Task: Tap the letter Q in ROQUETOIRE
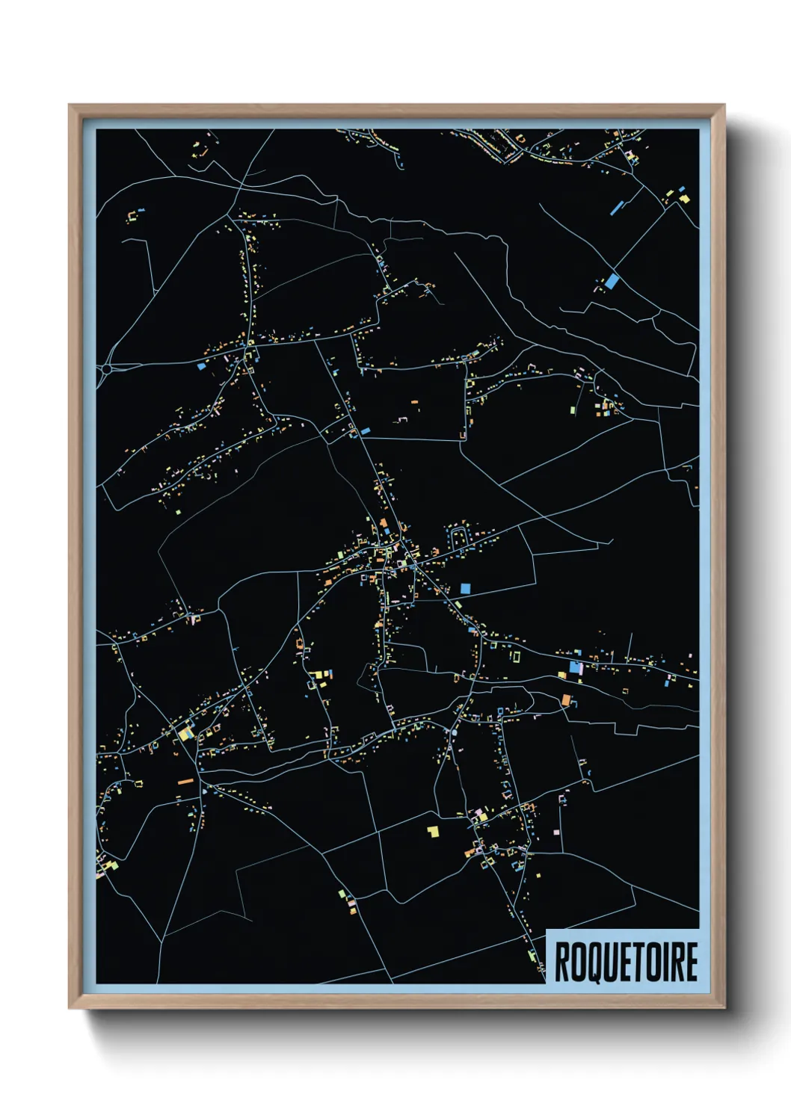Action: pos(590,962)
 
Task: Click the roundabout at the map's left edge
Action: pos(107,368)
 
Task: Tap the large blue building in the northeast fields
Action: pos(612,281)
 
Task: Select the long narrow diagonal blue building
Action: pos(618,206)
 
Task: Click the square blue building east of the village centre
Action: pos(465,588)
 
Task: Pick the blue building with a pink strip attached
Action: pos(576,667)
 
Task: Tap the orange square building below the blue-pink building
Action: pos(566,700)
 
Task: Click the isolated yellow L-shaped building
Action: pos(433,830)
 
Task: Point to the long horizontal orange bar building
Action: pos(185,782)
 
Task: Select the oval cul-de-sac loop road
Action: pos(457,536)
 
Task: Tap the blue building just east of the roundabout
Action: pos(201,367)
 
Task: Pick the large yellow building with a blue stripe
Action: pos(184,733)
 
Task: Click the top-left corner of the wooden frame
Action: pos(70,106)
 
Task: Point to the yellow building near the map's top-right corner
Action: pos(683,198)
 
